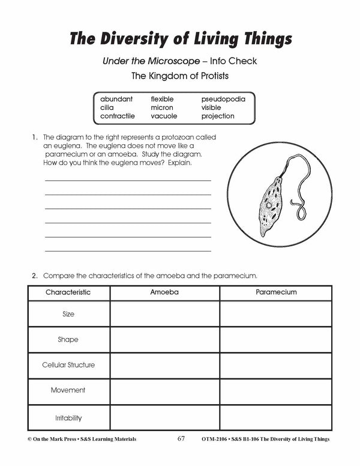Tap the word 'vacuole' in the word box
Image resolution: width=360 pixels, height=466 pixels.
point(164,116)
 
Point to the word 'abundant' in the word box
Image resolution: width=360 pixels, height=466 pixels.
point(116,98)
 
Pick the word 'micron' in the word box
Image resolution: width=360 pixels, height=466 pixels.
point(162,107)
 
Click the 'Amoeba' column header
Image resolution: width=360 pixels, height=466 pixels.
point(164,292)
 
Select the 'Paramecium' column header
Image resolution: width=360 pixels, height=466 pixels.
point(276,292)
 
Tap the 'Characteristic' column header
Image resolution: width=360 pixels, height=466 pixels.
point(68,292)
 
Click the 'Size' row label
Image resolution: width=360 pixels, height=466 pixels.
point(68,314)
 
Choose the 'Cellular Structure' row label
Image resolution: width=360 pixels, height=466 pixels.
point(68,365)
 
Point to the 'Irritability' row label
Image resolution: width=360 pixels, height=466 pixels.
point(68,417)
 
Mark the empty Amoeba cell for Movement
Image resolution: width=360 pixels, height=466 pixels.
point(164,391)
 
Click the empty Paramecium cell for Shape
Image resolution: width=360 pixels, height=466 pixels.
point(276,339)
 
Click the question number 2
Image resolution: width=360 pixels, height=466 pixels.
point(35,276)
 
